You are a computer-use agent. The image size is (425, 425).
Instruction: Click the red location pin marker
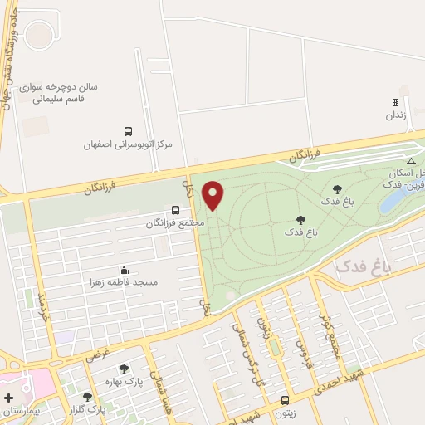coord(213,195)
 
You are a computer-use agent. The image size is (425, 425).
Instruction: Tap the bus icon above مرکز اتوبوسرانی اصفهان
coord(128,131)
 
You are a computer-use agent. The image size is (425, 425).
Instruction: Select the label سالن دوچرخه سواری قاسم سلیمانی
coord(83,92)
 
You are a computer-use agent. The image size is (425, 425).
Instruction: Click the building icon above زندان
coord(396,103)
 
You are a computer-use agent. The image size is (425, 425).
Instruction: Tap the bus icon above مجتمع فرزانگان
coord(175,210)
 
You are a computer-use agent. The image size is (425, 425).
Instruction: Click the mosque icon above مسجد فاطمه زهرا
coord(125,270)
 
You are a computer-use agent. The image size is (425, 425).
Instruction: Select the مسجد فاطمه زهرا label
coord(125,282)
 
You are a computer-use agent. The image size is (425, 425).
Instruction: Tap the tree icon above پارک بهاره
coord(124,369)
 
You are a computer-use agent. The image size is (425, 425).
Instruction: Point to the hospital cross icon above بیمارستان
coord(8,398)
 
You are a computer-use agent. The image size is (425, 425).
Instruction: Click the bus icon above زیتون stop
coord(285,400)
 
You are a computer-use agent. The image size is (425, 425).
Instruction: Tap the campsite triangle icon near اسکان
coord(410,161)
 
